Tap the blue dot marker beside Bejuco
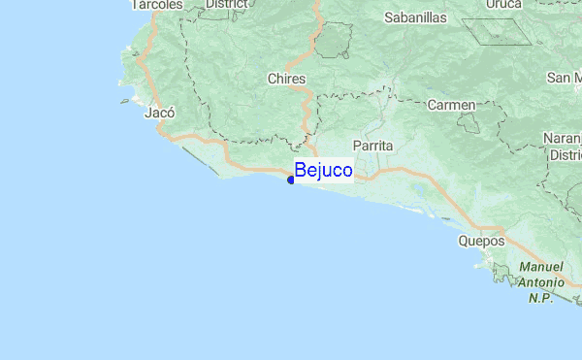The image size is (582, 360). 291,180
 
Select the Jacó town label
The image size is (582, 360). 158,113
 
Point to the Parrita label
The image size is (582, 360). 373,145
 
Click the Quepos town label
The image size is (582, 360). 482,241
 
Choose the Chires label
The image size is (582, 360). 286,79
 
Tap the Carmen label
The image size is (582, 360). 451,104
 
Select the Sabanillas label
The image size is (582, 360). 415,17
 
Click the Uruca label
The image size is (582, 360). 502,5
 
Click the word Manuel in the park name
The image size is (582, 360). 541,267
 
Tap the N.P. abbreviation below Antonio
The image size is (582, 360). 541,298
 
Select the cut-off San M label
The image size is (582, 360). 564,78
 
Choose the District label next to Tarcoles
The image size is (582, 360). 226,4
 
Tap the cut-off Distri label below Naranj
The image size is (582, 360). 564,154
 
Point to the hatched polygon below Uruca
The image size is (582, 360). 497,32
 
